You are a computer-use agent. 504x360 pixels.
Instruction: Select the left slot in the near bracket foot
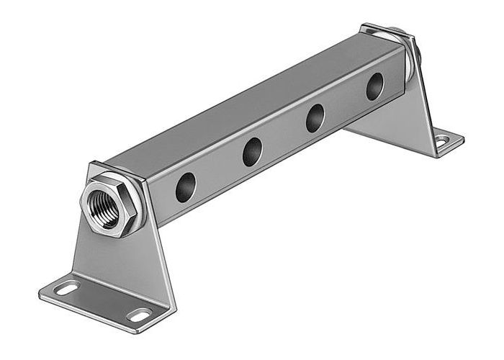point(67,289)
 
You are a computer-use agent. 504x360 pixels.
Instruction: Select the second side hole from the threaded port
point(252,152)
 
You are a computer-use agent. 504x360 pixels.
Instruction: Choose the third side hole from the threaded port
point(315,118)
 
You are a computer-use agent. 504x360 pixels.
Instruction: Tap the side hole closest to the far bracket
point(374,87)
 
